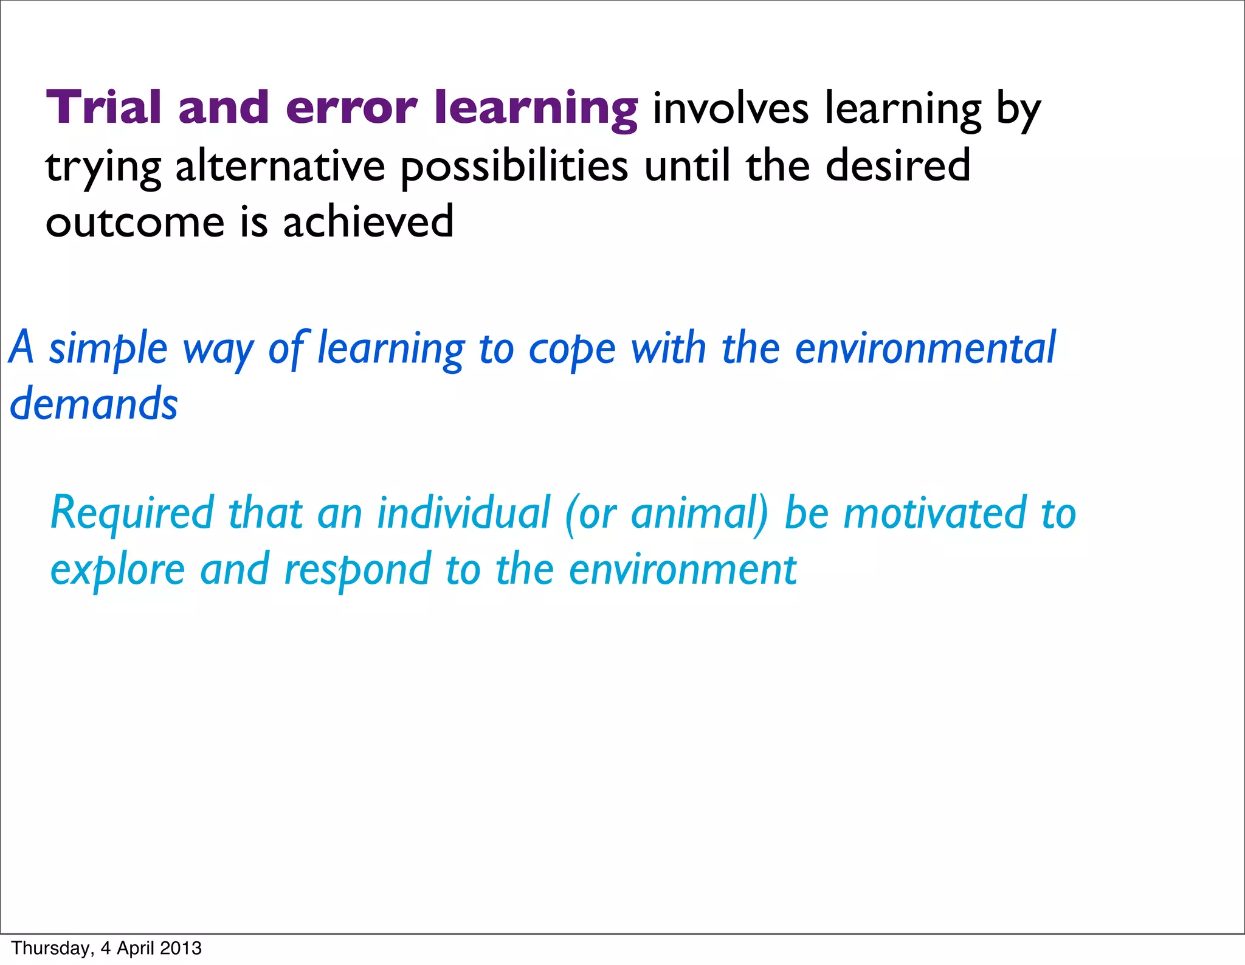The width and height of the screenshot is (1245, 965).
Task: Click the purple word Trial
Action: point(103,108)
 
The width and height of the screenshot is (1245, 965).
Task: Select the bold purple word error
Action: point(351,108)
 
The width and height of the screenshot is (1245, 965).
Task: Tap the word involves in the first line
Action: point(730,109)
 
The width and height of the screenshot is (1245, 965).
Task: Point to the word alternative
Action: point(280,167)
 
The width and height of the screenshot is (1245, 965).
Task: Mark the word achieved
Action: point(368,222)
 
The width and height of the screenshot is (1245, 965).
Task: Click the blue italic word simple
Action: point(108,349)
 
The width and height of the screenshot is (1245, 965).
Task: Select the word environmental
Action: point(925,348)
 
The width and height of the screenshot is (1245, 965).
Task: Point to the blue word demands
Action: point(94,405)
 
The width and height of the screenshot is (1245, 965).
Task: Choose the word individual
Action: point(463,513)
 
